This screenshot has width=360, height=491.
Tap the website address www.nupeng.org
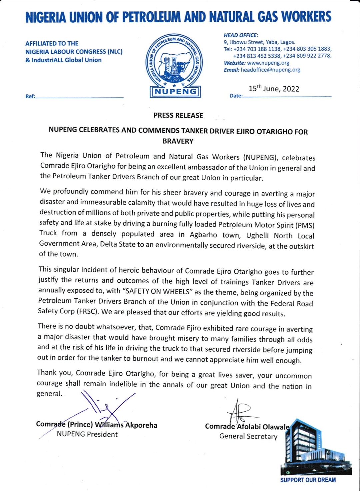click(268, 63)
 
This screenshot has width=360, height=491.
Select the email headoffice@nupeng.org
click(270, 70)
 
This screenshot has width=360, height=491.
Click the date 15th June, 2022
click(274, 89)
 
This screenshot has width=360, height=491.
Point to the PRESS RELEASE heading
click(178, 115)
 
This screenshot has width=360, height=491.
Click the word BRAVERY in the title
click(178, 141)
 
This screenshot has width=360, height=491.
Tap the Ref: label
click(30, 96)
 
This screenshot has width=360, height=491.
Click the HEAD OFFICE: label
click(241, 35)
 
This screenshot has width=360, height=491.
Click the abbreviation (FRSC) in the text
click(88, 312)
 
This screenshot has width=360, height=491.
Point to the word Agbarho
click(203, 235)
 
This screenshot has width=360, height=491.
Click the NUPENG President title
click(87, 434)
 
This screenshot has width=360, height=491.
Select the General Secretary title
click(248, 436)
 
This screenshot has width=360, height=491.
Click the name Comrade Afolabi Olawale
click(247, 426)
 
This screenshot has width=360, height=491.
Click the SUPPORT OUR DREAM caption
click(308, 480)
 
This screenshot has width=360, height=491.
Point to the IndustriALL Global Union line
click(63, 60)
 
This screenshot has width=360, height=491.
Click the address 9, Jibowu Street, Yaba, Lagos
click(259, 42)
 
